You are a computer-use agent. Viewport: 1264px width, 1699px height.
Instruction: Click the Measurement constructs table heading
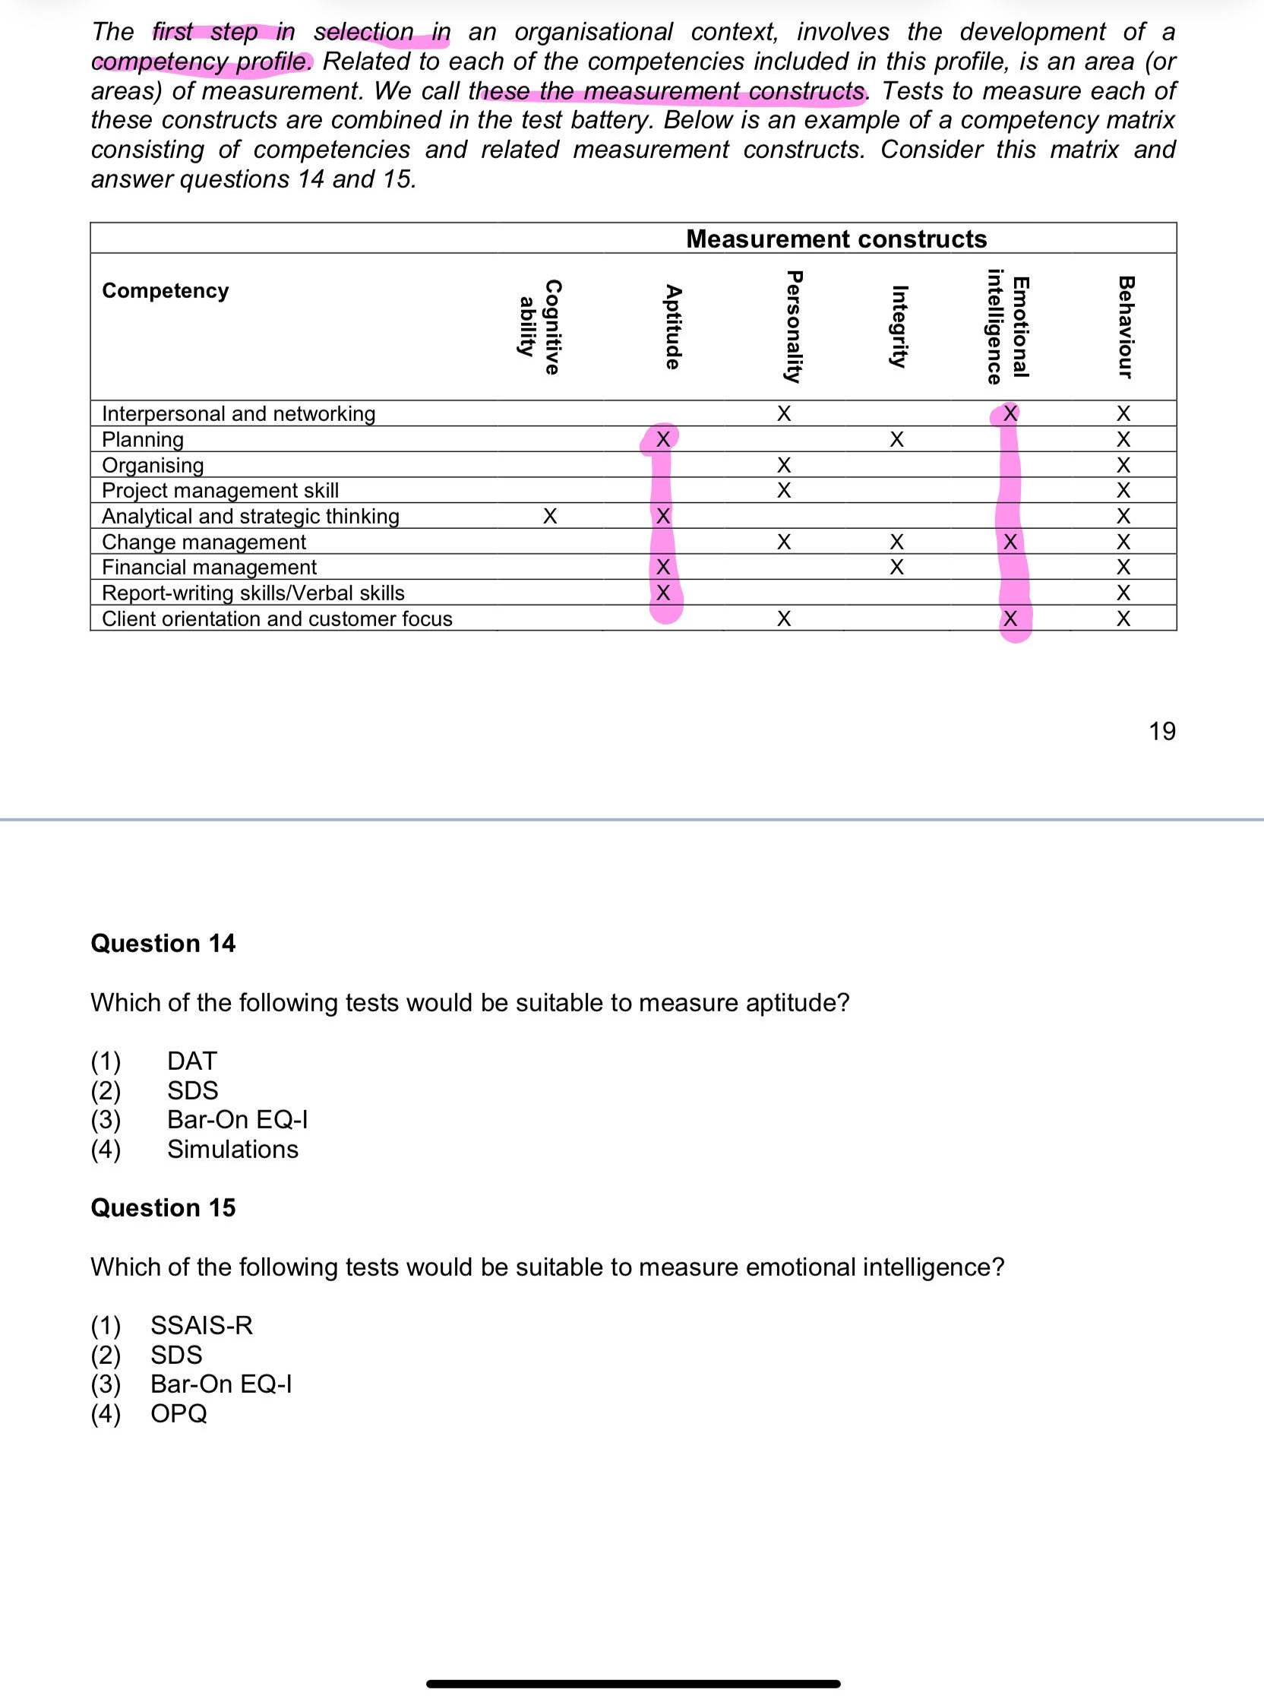point(836,239)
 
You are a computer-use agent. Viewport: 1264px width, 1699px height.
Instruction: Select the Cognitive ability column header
point(539,327)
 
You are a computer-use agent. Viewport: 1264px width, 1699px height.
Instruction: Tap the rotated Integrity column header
point(899,327)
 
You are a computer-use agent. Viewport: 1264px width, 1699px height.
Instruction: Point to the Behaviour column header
point(1124,327)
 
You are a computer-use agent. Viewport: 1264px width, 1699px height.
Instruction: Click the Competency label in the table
point(166,291)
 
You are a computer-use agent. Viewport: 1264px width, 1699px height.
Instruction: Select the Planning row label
point(143,439)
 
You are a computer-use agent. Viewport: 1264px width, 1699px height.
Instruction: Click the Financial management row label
point(209,567)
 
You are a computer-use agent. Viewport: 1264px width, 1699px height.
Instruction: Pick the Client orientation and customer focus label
point(277,619)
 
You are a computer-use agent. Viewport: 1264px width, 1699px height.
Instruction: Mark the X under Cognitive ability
point(549,517)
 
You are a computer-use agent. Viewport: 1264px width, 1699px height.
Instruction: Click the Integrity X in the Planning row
point(897,439)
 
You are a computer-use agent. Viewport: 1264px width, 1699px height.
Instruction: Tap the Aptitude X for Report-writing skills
point(663,593)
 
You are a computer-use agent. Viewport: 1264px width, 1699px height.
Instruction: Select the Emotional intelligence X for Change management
point(1010,542)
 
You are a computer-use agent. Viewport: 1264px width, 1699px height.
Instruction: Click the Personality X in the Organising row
point(783,465)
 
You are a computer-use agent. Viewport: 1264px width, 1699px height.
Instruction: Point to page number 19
point(1161,732)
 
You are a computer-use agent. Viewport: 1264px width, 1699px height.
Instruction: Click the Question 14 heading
point(163,944)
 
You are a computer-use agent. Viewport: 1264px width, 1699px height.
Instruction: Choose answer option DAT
point(192,1061)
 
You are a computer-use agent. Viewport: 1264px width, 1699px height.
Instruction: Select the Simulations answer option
point(232,1150)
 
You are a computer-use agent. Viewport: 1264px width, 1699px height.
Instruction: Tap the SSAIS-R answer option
point(201,1324)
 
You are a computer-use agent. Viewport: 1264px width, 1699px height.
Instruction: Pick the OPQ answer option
point(179,1413)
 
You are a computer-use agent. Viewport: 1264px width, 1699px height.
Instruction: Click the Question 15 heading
point(163,1207)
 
